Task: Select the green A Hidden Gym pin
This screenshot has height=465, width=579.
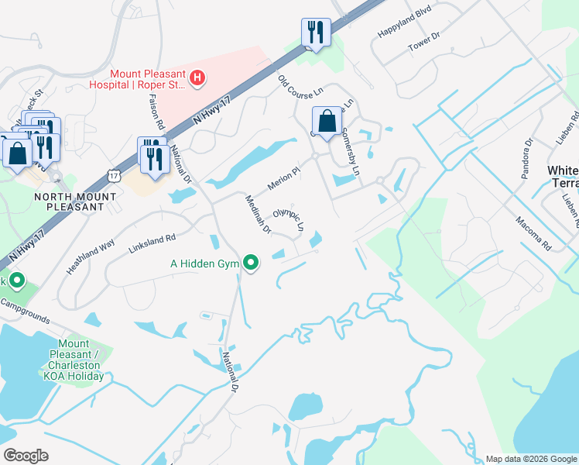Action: pos(251,263)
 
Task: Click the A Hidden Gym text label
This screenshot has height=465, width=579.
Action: pos(205,263)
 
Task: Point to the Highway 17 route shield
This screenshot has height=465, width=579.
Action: pos(115,176)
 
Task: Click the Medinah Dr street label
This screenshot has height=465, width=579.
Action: pos(258,213)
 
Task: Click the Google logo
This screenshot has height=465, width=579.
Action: pos(26,455)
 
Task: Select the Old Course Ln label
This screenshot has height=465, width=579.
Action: pos(300,86)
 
